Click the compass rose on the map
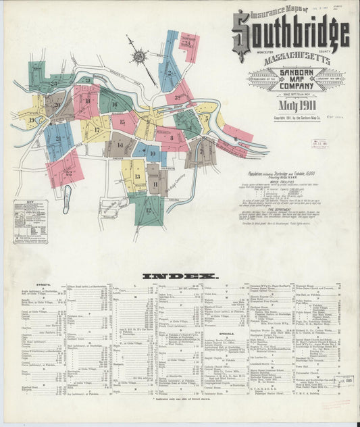tap(140, 58)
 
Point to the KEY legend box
tap(30, 221)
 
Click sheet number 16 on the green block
tap(115, 104)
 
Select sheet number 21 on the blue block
tap(59, 139)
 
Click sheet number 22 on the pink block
tap(68, 172)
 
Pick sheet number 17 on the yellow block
tap(97, 129)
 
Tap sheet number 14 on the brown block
tap(120, 144)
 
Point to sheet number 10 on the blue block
tap(153, 155)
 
